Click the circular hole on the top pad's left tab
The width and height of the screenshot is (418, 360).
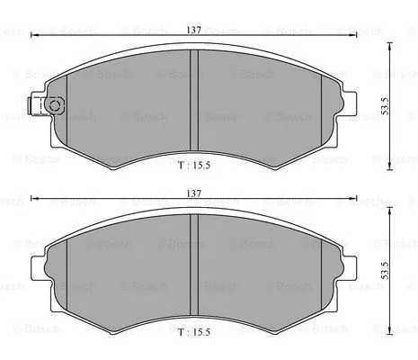click(54, 107)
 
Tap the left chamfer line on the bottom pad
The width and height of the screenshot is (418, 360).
click(69, 270)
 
